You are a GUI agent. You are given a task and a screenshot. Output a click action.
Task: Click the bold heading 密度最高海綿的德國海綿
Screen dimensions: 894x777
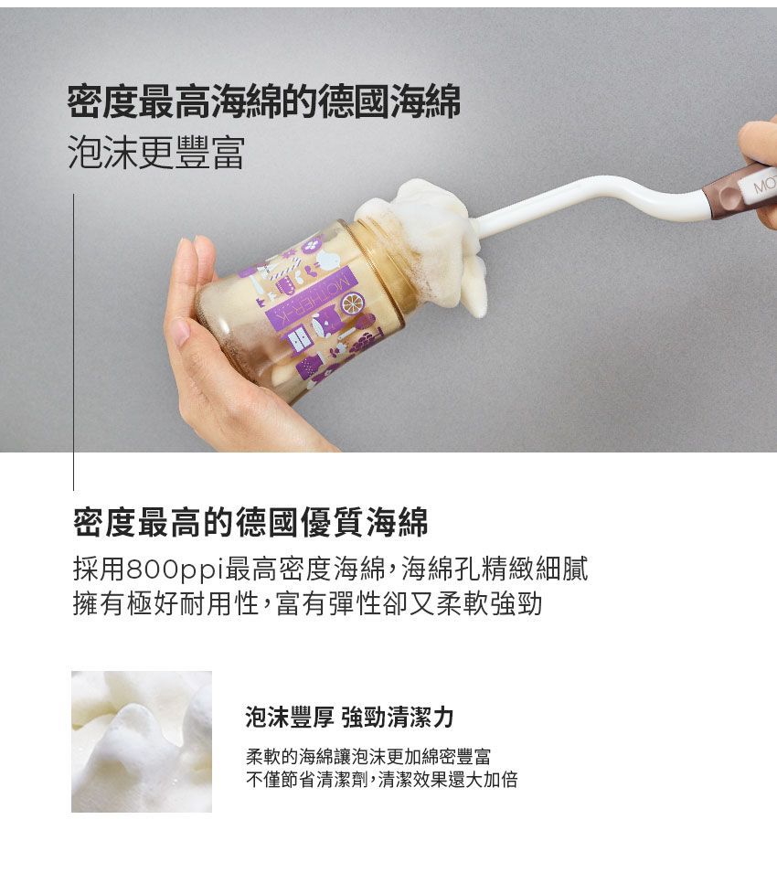pyautogui.click(x=263, y=102)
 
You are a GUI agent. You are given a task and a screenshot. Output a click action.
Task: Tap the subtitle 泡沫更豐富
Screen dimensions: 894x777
pyautogui.click(x=156, y=154)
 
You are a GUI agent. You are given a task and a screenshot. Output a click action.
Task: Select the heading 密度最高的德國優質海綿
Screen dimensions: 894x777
pyautogui.click(x=250, y=522)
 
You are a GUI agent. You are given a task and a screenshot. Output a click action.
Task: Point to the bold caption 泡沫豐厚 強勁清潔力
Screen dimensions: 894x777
pyautogui.click(x=349, y=717)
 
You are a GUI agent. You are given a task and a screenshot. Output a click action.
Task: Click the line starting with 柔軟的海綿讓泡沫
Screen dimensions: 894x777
pyautogui.click(x=367, y=757)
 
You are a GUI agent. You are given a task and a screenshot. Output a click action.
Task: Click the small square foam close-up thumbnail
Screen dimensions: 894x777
pyautogui.click(x=142, y=741)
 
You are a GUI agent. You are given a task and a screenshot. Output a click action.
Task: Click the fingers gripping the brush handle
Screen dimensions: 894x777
pyautogui.click(x=761, y=146)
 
